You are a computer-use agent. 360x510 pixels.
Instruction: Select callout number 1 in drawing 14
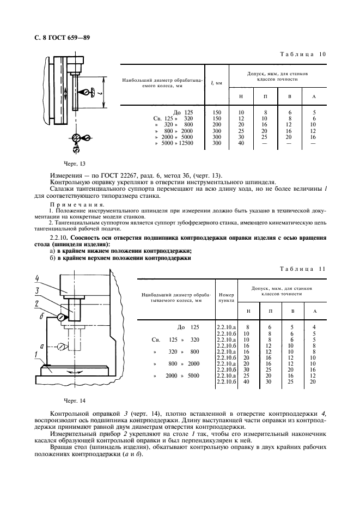35,354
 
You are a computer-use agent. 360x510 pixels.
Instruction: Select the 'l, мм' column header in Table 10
216,83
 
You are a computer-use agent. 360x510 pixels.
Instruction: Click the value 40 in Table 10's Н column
241,143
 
